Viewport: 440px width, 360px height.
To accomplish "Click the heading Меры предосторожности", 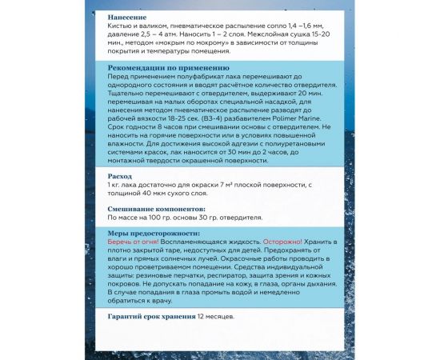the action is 154,231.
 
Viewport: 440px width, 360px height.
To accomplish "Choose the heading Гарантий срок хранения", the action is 150,316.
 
